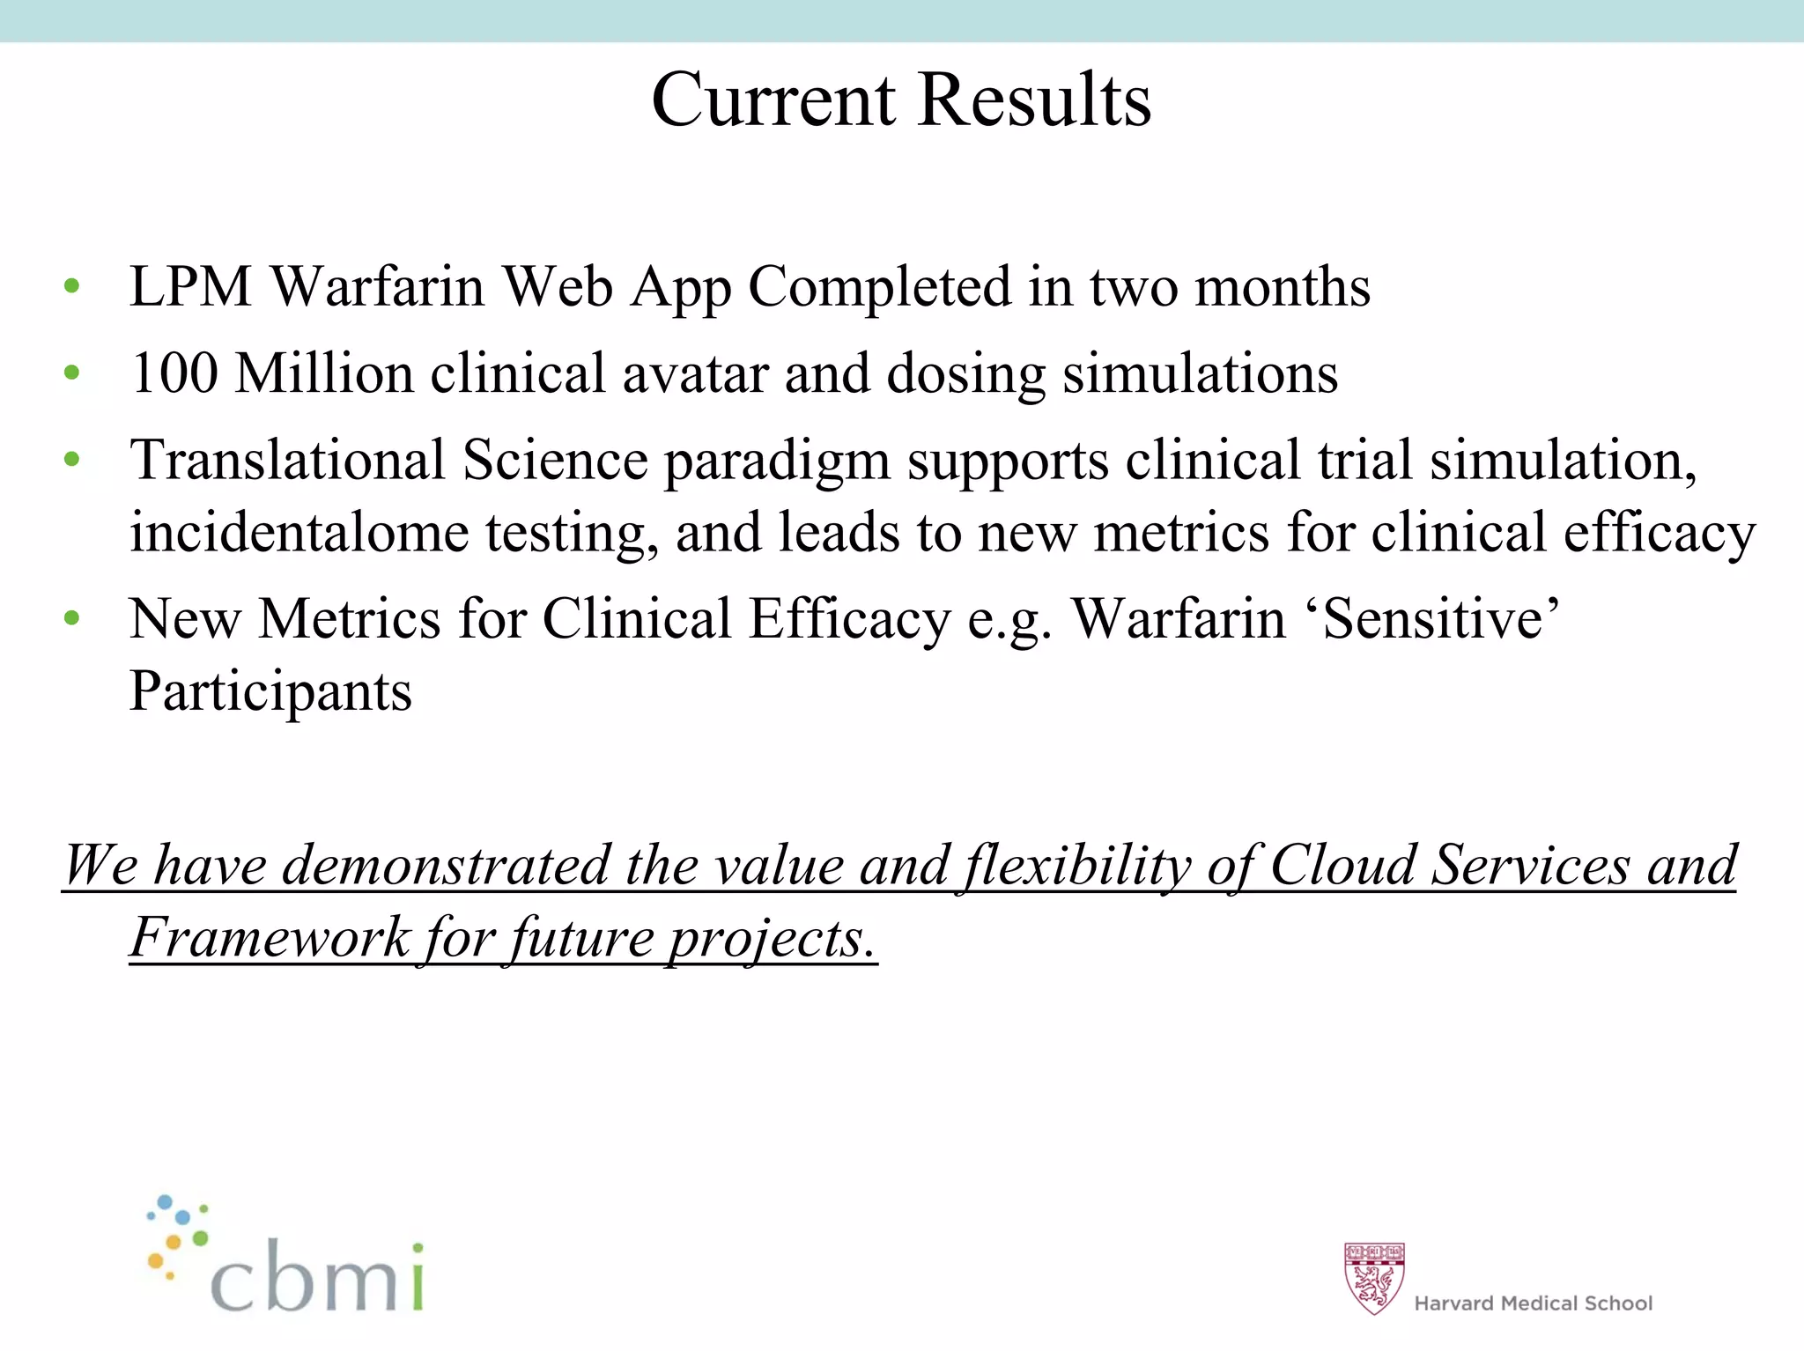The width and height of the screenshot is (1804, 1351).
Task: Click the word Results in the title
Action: click(x=1034, y=100)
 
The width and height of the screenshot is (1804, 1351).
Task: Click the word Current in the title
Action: click(x=773, y=100)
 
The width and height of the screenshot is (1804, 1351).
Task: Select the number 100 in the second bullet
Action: click(x=174, y=373)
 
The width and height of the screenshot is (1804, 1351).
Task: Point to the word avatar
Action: click(x=695, y=373)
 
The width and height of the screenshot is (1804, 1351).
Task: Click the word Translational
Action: click(x=287, y=460)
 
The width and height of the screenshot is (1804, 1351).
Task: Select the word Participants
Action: click(x=270, y=692)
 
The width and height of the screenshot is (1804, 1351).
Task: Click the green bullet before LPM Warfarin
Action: click(x=72, y=287)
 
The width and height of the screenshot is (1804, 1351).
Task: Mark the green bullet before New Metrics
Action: click(x=72, y=618)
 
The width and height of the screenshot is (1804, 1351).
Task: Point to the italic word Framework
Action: click(x=270, y=937)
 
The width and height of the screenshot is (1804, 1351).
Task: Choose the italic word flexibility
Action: click(x=1076, y=865)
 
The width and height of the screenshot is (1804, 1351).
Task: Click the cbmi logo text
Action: click(x=317, y=1277)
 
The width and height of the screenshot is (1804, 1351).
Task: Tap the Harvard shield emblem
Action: click(x=1373, y=1277)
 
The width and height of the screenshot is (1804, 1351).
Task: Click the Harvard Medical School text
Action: click(x=1533, y=1303)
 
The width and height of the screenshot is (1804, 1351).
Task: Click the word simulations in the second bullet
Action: click(x=1200, y=373)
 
